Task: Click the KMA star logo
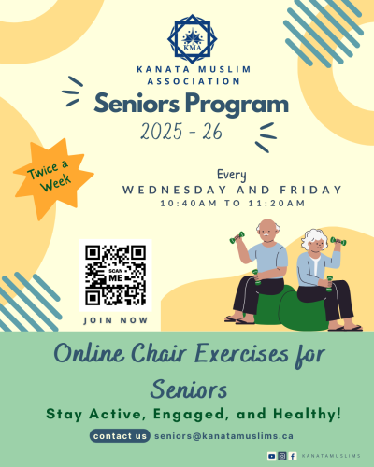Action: click(x=193, y=39)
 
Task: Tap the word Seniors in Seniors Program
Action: click(x=137, y=104)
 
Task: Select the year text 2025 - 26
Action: click(x=181, y=131)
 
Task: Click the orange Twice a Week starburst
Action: click(x=53, y=178)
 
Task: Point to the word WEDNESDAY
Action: click(x=175, y=190)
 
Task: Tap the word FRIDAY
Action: click(x=310, y=190)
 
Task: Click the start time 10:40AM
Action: click(x=188, y=204)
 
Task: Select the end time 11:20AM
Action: click(x=277, y=204)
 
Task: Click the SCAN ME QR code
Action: click(x=116, y=276)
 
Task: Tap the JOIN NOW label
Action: click(x=116, y=320)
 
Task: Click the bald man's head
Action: click(x=268, y=231)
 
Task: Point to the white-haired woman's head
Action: click(x=314, y=242)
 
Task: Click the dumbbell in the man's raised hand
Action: click(x=237, y=237)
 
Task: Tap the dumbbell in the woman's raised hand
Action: click(x=338, y=241)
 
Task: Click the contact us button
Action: click(x=120, y=436)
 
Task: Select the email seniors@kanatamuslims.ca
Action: click(x=223, y=436)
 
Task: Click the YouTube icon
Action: click(x=272, y=456)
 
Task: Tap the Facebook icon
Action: click(x=293, y=456)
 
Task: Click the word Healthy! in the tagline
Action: click(x=308, y=414)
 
